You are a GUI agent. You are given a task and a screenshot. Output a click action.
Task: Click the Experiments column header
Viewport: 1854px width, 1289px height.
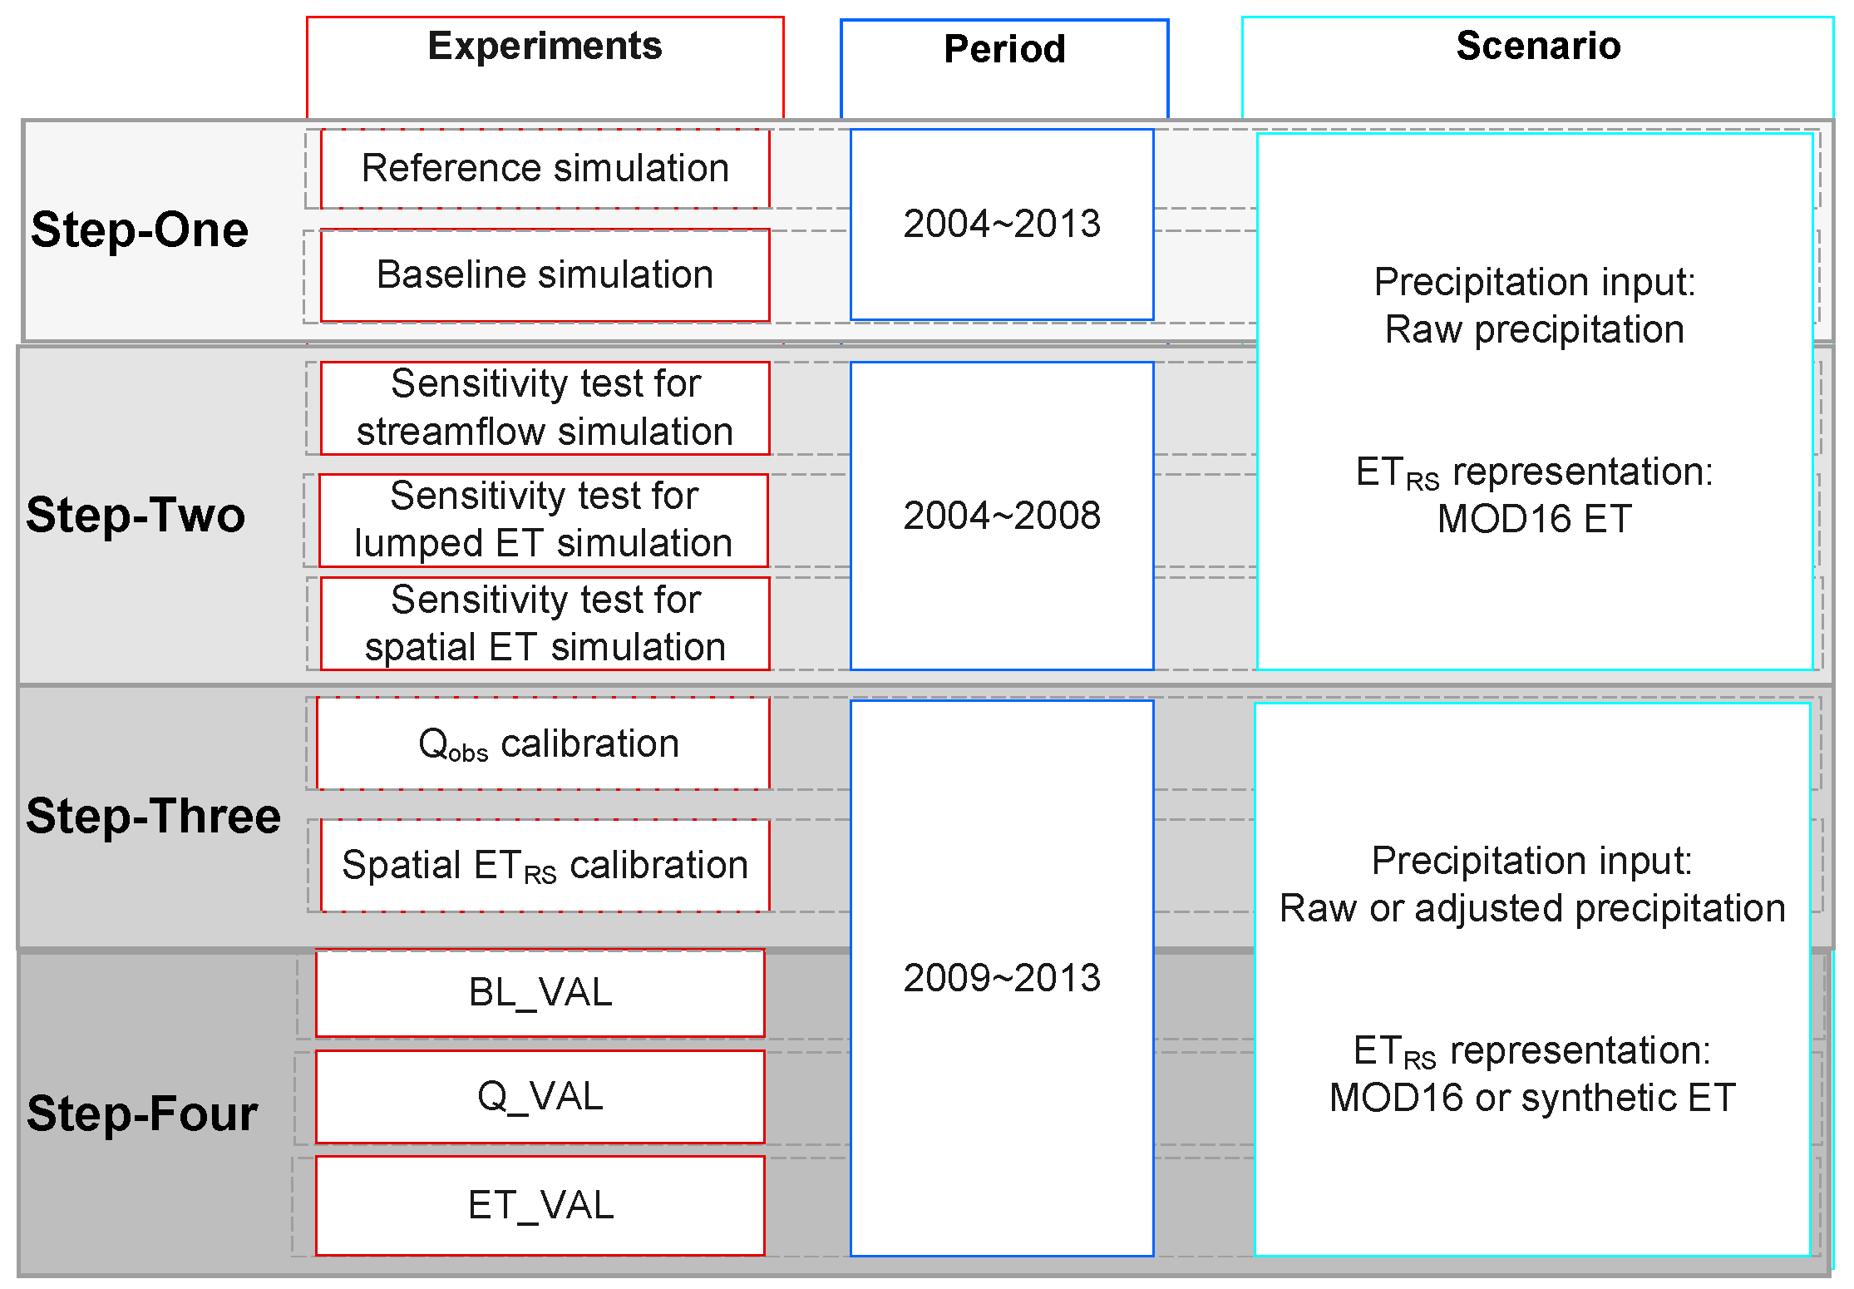point(545,47)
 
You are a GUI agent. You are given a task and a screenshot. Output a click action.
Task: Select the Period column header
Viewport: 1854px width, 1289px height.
point(1004,50)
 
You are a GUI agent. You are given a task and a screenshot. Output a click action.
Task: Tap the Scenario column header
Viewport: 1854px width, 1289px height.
point(1538,47)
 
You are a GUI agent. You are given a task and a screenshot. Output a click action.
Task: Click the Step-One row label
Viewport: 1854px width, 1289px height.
point(140,230)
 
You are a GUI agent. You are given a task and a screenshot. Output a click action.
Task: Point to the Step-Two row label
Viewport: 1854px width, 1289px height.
point(136,515)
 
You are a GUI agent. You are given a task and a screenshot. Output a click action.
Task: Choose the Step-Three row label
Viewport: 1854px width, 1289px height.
point(153,816)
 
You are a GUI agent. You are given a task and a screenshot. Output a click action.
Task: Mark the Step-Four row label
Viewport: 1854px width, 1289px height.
point(142,1114)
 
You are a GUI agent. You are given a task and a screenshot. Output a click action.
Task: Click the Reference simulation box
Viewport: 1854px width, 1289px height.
point(545,169)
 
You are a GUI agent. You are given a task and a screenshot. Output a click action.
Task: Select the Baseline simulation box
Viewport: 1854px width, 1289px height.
point(545,275)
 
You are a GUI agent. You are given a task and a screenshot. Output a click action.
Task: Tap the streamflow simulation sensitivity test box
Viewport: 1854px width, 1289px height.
point(545,407)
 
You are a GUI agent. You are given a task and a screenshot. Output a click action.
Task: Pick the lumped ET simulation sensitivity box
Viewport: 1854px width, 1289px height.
point(544,520)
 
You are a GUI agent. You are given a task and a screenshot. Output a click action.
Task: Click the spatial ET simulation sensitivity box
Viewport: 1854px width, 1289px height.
point(545,623)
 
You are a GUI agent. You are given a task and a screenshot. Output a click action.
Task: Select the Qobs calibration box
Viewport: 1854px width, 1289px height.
point(545,743)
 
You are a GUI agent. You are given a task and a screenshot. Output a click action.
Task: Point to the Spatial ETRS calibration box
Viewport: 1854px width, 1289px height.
point(545,866)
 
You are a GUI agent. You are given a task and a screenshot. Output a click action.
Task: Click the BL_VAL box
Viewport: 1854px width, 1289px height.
point(540,993)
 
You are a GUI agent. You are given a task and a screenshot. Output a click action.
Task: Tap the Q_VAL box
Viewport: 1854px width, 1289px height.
point(540,1097)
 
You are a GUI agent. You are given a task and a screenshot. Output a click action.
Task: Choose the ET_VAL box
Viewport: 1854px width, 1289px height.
point(540,1205)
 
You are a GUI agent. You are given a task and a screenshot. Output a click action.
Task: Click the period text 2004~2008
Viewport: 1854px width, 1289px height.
point(1002,516)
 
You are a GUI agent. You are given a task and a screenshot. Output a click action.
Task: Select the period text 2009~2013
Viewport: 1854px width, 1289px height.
point(1002,978)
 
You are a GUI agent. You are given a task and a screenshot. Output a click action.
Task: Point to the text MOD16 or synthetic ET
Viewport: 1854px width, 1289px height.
point(1532,1098)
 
